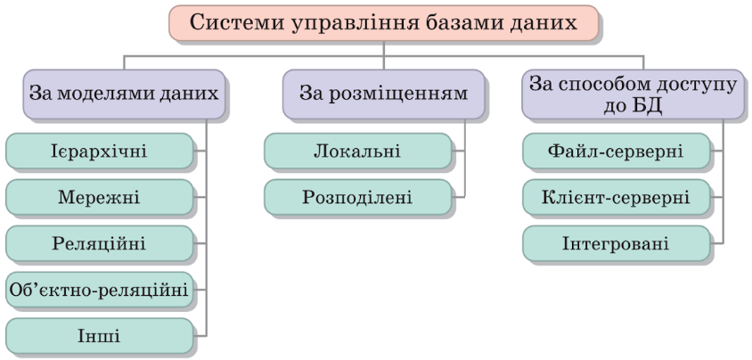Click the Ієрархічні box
tap(99, 151)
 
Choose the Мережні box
tap(99, 197)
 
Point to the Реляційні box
tap(99, 243)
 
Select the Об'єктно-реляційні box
tap(99, 290)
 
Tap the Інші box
tap(99, 336)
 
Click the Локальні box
tap(357, 151)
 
